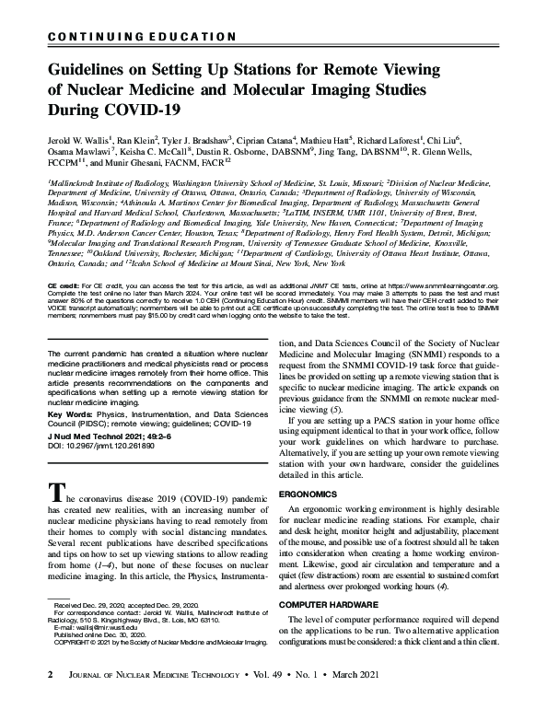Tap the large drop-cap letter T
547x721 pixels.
[x=54, y=494]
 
